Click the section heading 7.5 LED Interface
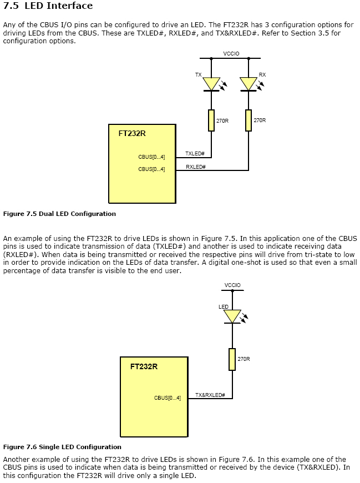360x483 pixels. coord(48,6)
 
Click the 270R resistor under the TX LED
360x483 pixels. coord(211,120)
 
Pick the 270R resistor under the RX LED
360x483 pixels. coord(249,120)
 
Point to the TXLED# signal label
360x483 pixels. coord(195,154)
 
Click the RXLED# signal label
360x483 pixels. coord(196,167)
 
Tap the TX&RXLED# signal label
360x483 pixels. coord(210,395)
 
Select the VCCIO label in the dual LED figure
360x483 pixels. coord(231,54)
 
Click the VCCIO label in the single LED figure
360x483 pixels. coord(232,285)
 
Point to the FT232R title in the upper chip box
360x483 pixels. coord(132,133)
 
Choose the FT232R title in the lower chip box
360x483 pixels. coord(144,366)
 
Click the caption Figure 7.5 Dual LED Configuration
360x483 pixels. coord(59,214)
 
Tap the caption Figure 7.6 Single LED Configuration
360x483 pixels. coord(62,447)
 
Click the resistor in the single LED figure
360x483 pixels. coord(232,359)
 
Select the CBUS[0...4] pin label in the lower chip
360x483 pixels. coord(168,398)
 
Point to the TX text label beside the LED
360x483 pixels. coord(198,74)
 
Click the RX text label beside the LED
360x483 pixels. coord(262,74)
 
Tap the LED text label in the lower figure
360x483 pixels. coord(224,306)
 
